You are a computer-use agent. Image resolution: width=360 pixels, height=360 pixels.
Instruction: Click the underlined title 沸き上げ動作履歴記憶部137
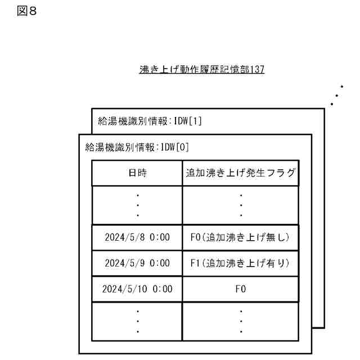coord(201,70)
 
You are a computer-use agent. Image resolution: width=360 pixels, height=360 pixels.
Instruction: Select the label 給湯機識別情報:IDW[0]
coord(137,147)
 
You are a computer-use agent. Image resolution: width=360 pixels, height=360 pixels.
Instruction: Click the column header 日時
coord(137,173)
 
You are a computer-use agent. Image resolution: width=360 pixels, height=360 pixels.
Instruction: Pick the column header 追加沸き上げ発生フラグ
coord(241,173)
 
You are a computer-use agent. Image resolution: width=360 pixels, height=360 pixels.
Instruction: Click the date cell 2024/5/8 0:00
coord(137,237)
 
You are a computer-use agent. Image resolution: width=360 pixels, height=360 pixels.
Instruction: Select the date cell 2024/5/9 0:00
coord(137,263)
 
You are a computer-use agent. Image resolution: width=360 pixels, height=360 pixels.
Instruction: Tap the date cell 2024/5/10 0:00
coord(137,289)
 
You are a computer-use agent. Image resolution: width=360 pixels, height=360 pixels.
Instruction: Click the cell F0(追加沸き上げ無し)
coord(241,237)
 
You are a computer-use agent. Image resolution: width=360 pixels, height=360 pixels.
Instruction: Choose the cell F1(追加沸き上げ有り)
coord(241,263)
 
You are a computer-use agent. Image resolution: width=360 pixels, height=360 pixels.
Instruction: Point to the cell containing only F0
coord(241,289)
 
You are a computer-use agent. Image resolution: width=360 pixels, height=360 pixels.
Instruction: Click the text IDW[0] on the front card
coord(174,147)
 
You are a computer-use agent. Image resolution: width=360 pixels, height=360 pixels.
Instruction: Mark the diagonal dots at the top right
coord(337,96)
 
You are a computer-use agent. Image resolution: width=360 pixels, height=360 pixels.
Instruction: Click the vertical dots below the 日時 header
coord(137,205)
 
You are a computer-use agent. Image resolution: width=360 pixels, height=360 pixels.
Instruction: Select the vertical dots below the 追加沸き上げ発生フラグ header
coord(241,205)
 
